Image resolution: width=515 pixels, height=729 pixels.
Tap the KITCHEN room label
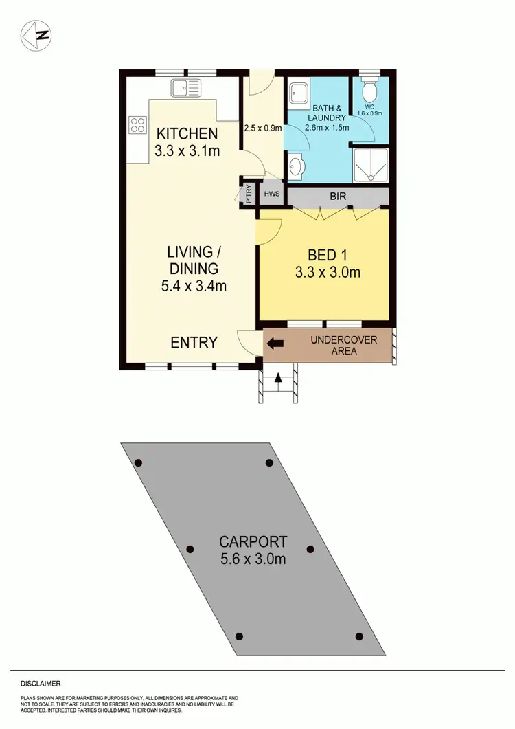[187, 134]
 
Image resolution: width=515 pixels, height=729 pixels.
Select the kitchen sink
[186, 88]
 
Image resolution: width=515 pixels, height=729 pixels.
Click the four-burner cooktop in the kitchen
[137, 124]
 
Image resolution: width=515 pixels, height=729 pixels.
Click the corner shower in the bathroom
[370, 165]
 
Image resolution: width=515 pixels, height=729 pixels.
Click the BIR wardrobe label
[338, 197]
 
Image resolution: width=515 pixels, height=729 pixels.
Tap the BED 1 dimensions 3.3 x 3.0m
[328, 273]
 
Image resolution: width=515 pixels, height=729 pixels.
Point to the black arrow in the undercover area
[275, 343]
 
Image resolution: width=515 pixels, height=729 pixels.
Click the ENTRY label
[194, 342]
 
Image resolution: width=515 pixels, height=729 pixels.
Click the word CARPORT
[253, 541]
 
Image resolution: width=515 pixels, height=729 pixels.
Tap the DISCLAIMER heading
[41, 684]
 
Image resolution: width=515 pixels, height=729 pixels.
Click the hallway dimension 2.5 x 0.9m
[263, 127]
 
